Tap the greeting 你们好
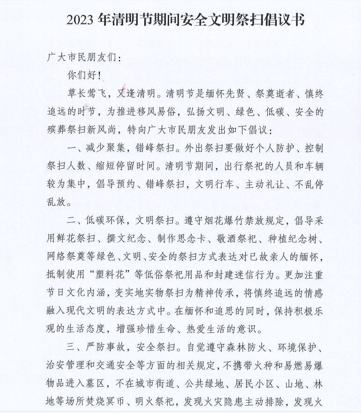tap(81, 75)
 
